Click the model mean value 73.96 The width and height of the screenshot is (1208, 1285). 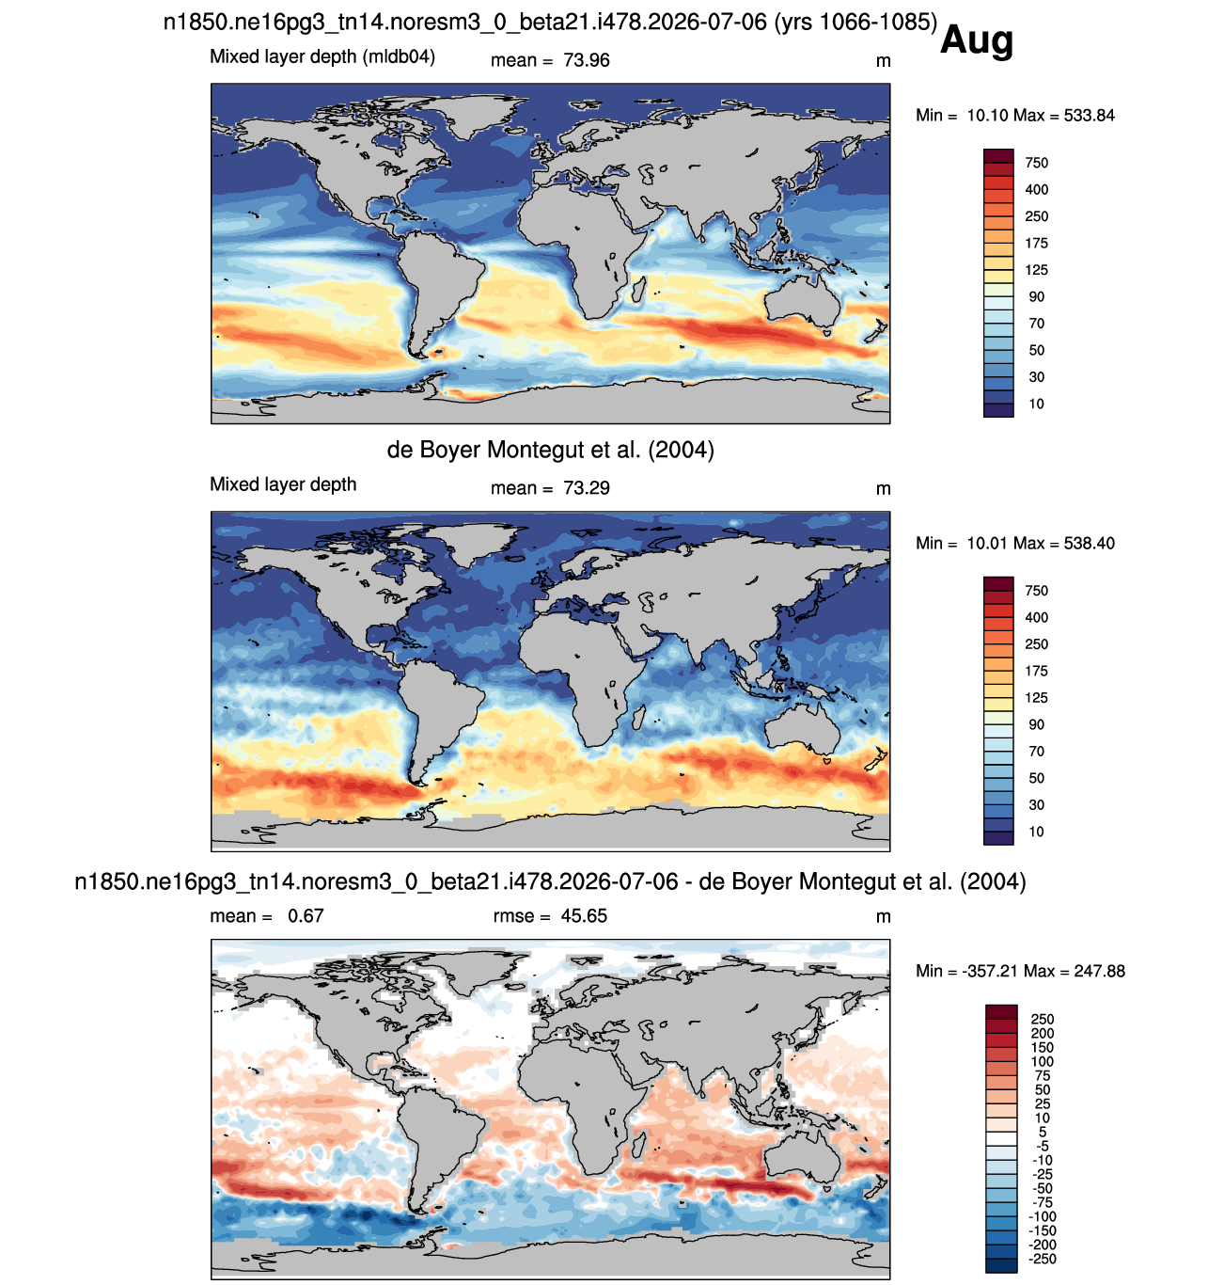(x=586, y=60)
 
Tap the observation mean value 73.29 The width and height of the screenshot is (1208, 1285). (x=586, y=488)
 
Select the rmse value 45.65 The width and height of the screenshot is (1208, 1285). (x=583, y=915)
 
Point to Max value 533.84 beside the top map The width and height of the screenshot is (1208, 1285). (x=1089, y=116)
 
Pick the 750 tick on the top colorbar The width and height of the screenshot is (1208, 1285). (x=1036, y=163)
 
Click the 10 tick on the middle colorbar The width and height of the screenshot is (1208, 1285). (x=1036, y=832)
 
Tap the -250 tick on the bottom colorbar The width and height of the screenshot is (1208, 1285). (x=1043, y=1259)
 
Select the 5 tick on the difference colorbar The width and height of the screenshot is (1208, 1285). (x=1042, y=1132)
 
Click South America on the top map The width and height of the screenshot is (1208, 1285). (x=433, y=288)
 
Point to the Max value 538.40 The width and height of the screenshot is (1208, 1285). (x=1089, y=544)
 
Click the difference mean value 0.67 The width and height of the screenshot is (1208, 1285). (x=306, y=915)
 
